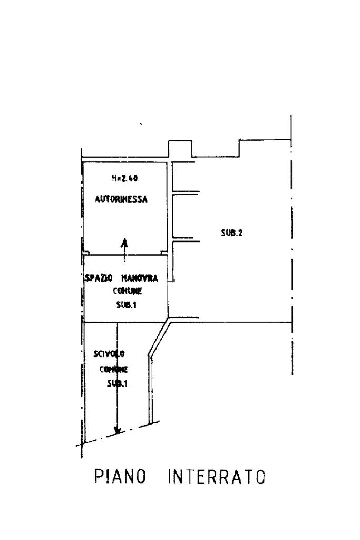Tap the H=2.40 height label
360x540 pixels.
(x=125, y=179)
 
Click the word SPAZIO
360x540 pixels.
(x=96, y=278)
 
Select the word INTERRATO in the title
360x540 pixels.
(x=216, y=478)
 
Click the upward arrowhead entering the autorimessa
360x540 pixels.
(x=125, y=243)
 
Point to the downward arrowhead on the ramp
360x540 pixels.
(x=118, y=429)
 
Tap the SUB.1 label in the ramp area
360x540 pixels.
(x=117, y=383)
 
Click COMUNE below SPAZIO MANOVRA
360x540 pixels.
(x=128, y=291)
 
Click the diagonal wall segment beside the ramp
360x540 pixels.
(x=159, y=337)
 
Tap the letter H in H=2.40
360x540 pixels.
(x=114, y=179)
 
